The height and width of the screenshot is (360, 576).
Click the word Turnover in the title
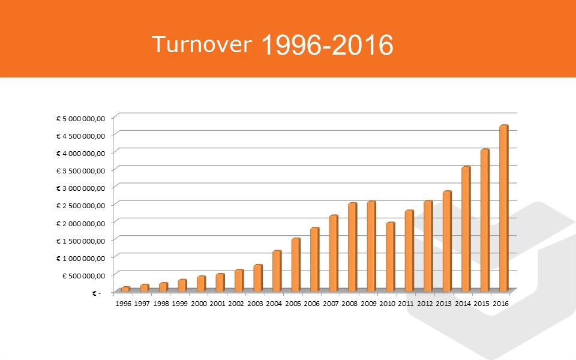[x=202, y=44]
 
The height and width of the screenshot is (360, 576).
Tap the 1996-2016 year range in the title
[x=328, y=45]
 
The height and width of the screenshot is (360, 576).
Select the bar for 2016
[x=504, y=208]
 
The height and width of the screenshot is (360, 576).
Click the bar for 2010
[x=391, y=257]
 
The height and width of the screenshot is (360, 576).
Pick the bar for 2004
[x=277, y=271]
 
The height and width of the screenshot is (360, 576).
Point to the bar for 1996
[x=125, y=289]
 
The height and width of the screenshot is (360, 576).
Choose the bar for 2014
[x=466, y=229]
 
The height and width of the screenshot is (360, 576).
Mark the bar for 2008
[x=353, y=247]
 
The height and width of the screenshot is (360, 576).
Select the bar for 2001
[x=220, y=283]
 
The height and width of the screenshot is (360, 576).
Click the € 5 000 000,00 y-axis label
[x=81, y=119]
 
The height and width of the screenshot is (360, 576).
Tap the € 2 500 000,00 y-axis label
[x=81, y=206]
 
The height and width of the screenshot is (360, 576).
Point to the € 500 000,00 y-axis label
[x=84, y=275]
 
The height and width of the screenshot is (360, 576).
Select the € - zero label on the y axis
[x=97, y=293]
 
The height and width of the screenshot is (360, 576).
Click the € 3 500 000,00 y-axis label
[x=81, y=171]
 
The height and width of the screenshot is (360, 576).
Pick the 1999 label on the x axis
[x=179, y=304]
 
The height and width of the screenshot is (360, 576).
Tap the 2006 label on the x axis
[x=312, y=304]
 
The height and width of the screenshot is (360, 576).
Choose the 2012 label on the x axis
[x=425, y=304]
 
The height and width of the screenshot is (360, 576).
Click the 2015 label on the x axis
[x=482, y=304]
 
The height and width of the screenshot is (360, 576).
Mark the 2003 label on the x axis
[x=256, y=304]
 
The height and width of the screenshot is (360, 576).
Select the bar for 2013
[x=447, y=241]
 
